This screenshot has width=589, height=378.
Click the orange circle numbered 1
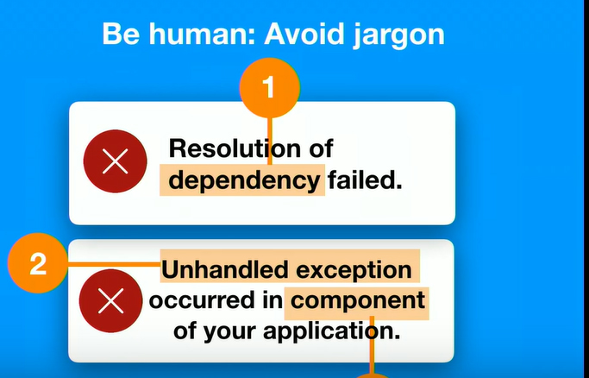pos(270,88)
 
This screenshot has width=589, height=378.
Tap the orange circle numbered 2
pos(38,263)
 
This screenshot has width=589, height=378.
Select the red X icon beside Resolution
pos(115,161)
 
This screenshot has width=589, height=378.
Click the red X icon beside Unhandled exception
pos(110,301)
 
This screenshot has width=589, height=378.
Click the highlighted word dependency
pos(244,180)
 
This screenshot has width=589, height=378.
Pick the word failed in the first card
pos(365,180)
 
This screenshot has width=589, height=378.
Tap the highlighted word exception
pos(354,270)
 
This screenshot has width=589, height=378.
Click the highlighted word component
pos(358,301)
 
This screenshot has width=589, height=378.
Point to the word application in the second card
pos(332,331)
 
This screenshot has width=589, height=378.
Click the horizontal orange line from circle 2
pos(114,265)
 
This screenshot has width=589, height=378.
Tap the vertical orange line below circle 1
pos(270,141)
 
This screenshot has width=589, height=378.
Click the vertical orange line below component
pos(372,345)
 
